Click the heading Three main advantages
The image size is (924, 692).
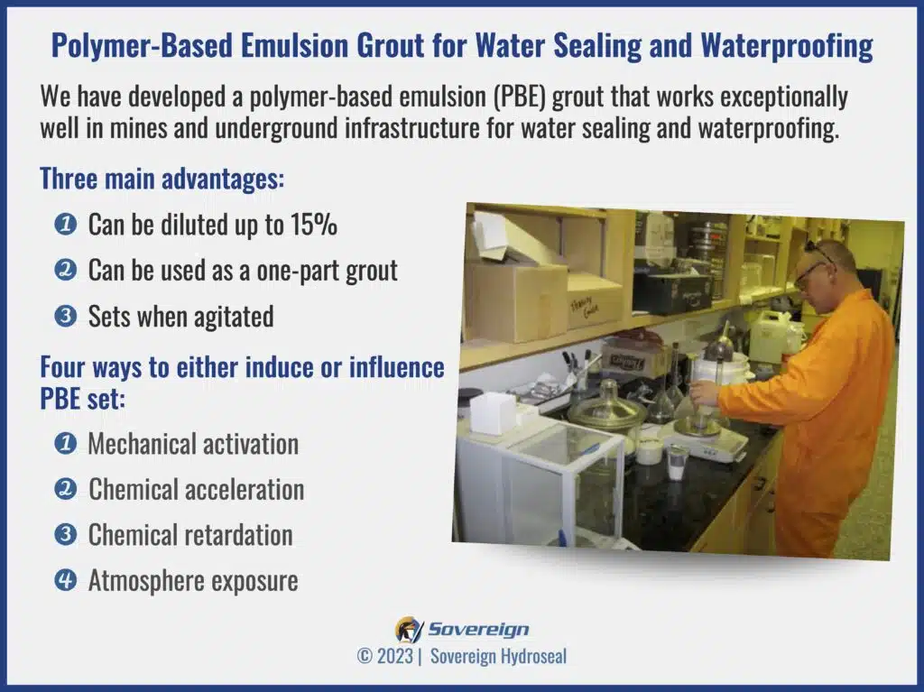pyautogui.click(x=162, y=179)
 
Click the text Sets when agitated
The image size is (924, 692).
pyautogui.click(x=180, y=316)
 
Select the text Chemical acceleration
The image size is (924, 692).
pyautogui.click(x=196, y=489)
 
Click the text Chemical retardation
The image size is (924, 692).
pyautogui.click(x=190, y=535)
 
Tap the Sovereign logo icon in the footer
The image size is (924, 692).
pyautogui.click(x=408, y=629)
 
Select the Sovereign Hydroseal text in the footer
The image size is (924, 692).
pyautogui.click(x=497, y=657)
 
